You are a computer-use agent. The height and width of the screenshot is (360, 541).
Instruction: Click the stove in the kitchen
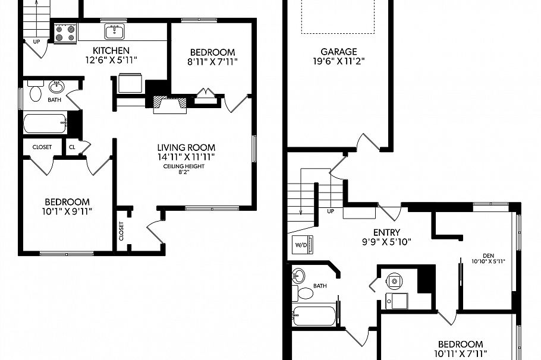pos(64,33)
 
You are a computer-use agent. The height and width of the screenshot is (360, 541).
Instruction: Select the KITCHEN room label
pos(108,50)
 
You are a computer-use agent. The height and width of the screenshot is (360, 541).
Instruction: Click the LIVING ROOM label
pos(185,147)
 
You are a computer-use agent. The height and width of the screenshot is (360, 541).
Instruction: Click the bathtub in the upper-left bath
pos(45,124)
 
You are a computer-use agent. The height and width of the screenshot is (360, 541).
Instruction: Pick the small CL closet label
pos(72,147)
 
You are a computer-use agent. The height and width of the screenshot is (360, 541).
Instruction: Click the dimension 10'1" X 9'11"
pos(66,211)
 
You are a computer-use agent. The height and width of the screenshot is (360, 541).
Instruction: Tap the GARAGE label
pos(338,52)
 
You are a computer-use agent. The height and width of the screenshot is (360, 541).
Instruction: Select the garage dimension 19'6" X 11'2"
pos(338,61)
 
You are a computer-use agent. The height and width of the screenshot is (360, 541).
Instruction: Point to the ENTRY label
pos(387,232)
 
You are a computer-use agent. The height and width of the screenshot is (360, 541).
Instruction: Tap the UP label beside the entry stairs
pos(331,211)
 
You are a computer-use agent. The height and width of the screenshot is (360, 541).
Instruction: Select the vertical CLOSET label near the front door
pos(121,232)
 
